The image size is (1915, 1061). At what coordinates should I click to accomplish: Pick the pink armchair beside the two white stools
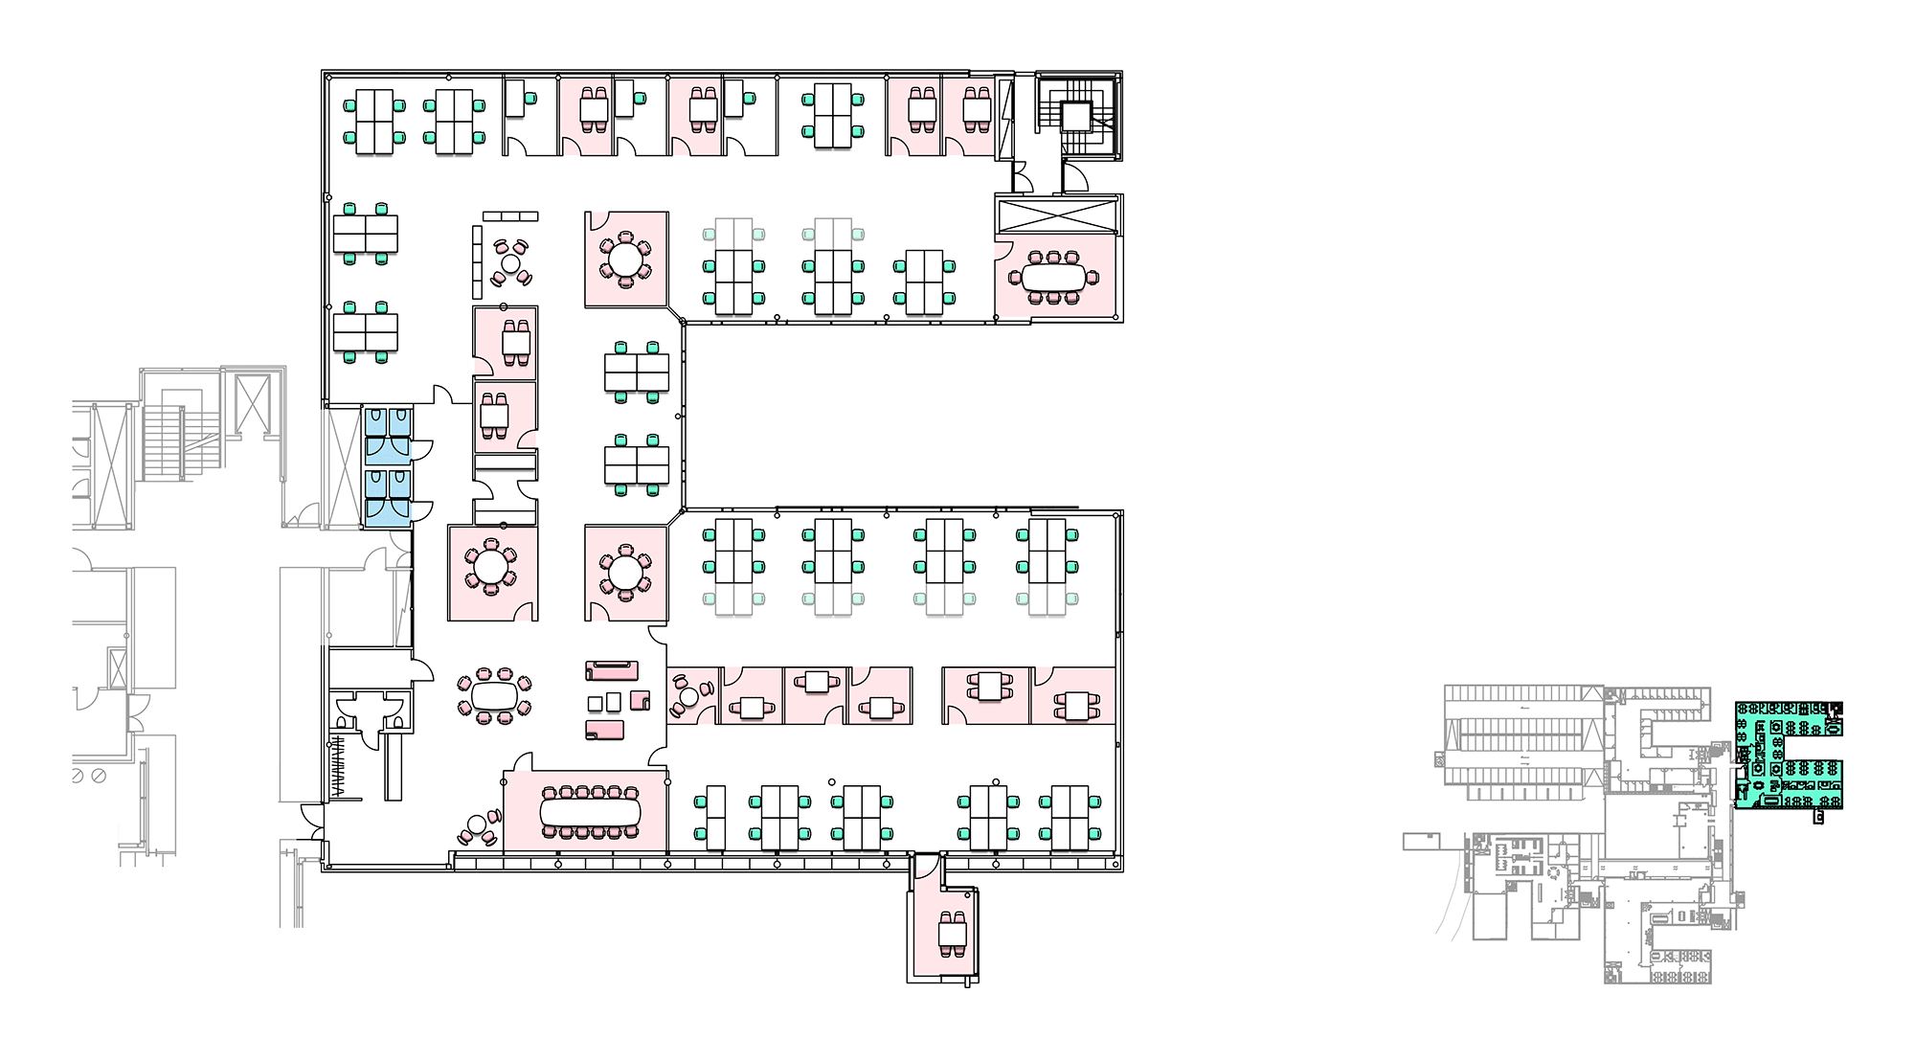click(x=640, y=700)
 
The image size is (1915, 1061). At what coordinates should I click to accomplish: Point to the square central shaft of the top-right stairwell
click(x=1075, y=117)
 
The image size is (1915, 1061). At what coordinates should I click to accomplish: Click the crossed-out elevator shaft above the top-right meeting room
click(x=1057, y=214)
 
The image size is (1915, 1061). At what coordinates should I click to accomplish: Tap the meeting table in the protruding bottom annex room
click(x=953, y=931)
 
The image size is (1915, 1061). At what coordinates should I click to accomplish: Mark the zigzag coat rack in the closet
click(x=337, y=764)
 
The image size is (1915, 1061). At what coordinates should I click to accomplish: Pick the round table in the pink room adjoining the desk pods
click(x=626, y=574)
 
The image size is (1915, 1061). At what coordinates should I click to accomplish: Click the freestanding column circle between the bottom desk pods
click(x=832, y=782)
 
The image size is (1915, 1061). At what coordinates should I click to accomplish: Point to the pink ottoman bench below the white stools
click(x=604, y=731)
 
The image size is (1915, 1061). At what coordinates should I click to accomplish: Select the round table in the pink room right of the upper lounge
click(x=626, y=259)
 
